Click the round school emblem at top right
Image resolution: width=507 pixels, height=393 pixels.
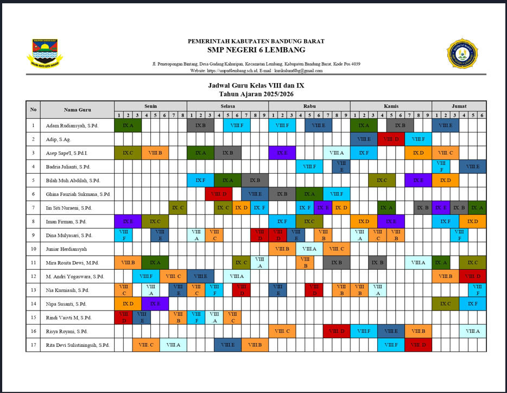pos(462,53)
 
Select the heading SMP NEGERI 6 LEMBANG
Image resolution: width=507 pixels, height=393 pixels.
pos(256,50)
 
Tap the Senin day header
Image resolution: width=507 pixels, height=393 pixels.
pos(150,106)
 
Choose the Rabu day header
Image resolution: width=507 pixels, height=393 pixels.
pos(309,106)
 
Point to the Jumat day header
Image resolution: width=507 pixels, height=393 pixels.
pos(459,106)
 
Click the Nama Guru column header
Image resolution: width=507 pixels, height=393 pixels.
pos(77,110)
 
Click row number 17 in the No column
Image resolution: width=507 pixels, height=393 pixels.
pos(33,345)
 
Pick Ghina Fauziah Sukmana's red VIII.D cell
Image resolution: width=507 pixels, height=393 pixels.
pos(219,194)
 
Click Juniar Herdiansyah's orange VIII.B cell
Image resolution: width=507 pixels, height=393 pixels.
pos(282,249)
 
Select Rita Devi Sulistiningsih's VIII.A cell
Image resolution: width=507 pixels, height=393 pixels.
pos(173,345)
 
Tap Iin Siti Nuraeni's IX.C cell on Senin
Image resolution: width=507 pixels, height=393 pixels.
pos(178,208)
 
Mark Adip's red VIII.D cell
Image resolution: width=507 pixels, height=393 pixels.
pos(391,140)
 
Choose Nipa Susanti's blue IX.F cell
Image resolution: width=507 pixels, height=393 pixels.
pos(472,304)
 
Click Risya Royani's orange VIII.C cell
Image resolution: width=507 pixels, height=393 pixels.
pos(282,331)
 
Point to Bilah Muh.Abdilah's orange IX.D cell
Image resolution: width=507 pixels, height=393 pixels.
pos(445,180)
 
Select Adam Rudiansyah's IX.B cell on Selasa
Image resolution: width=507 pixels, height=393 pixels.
pos(200,125)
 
